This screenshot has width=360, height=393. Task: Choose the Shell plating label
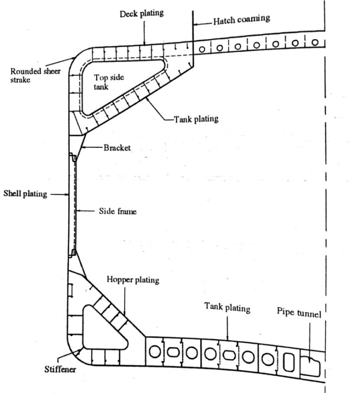25,194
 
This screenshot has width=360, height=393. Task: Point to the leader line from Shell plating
59,194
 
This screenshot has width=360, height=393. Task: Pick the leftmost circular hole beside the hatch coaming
203,49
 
